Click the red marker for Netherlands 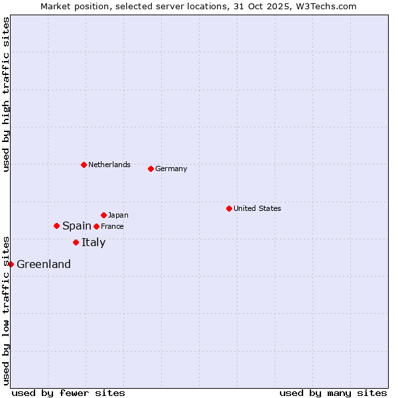click(x=84, y=165)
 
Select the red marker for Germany click(x=151, y=168)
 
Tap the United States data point click(x=229, y=208)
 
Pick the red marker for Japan click(x=103, y=215)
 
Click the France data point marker click(x=96, y=226)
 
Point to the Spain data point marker click(x=56, y=226)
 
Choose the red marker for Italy click(x=76, y=242)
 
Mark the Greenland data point click(x=11, y=264)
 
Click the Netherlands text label click(x=109, y=165)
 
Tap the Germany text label click(x=171, y=168)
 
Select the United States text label click(x=257, y=208)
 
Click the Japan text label click(x=118, y=215)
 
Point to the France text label click(x=112, y=226)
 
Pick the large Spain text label click(x=77, y=226)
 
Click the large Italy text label click(x=94, y=243)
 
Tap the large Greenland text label click(x=44, y=265)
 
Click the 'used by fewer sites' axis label click(x=68, y=393)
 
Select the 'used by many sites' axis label click(x=333, y=393)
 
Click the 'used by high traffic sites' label click(x=6, y=94)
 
